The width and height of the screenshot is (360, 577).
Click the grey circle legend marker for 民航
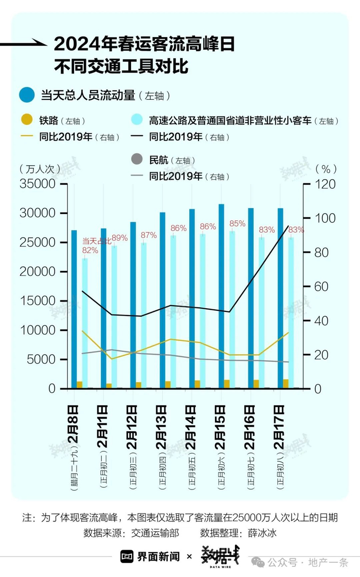pyautogui.click(x=136, y=160)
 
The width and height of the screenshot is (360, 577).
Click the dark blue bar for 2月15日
pyautogui.click(x=222, y=296)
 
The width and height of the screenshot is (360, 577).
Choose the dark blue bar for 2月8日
pyautogui.click(x=74, y=309)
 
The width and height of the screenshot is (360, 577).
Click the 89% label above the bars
pyautogui.click(x=120, y=238)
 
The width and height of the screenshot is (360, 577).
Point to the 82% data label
pyautogui.click(x=90, y=250)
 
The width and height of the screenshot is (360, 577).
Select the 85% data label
pyautogui.click(x=238, y=223)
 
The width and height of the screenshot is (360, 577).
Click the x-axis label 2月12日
pyautogui.click(x=133, y=427)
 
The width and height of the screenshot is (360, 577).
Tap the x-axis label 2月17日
pyautogui.click(x=280, y=427)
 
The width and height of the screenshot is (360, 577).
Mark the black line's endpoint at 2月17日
pyautogui.click(x=288, y=225)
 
